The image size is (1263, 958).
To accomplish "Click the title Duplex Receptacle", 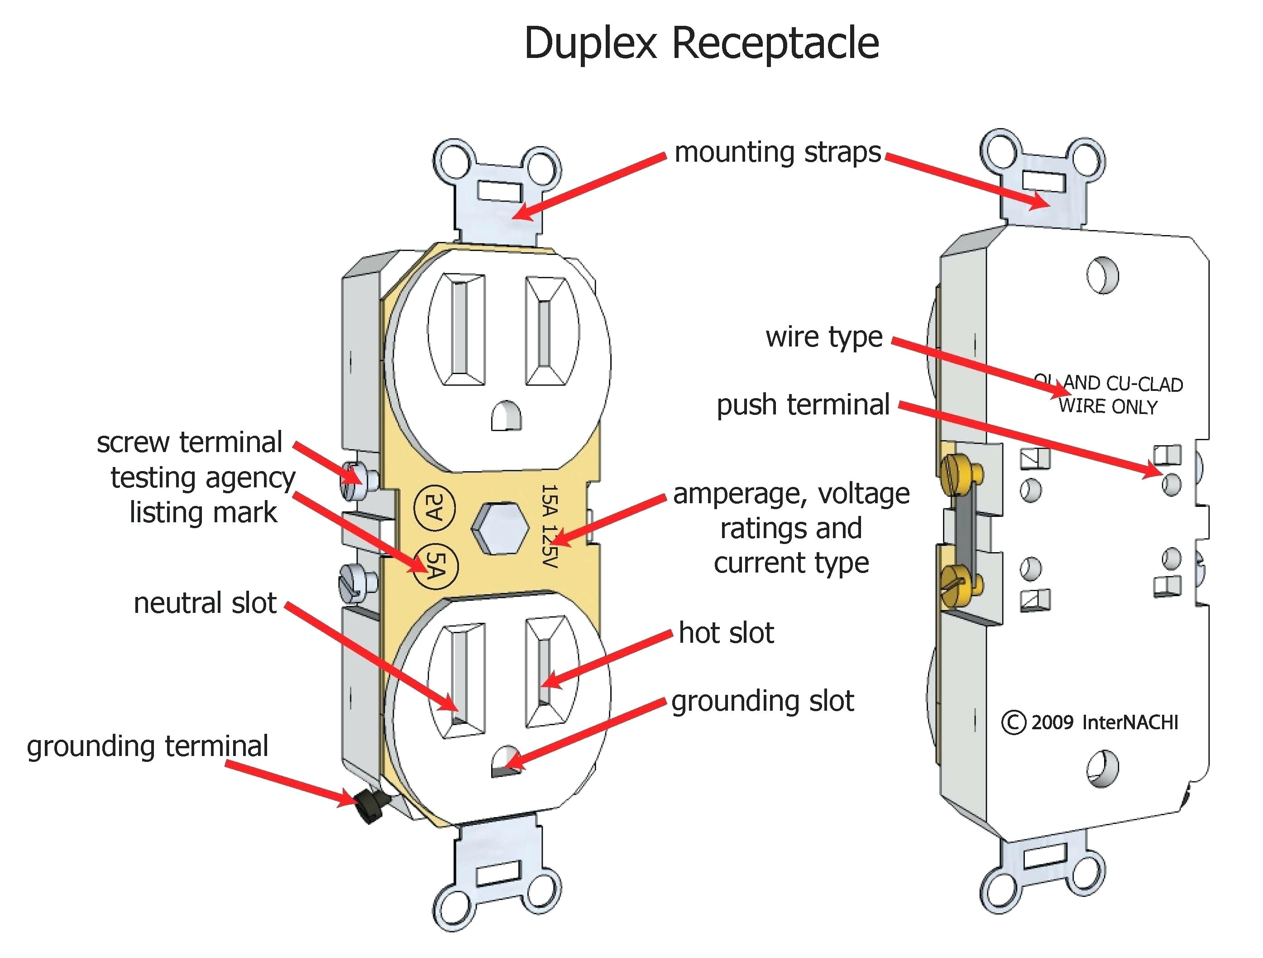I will [x=701, y=44].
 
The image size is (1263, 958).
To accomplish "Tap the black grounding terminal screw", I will [x=369, y=806].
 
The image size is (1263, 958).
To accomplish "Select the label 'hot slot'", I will [x=726, y=633].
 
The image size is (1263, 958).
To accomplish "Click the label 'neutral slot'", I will [x=205, y=603].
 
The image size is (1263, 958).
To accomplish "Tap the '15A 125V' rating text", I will [x=549, y=525].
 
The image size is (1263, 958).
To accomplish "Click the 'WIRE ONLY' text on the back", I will [x=1108, y=407].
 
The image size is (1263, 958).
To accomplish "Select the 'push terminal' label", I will [x=803, y=405].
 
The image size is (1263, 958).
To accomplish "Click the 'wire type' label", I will [x=824, y=337].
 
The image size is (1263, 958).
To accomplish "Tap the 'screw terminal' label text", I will [x=190, y=442].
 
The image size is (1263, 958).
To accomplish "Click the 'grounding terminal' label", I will [x=147, y=746].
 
